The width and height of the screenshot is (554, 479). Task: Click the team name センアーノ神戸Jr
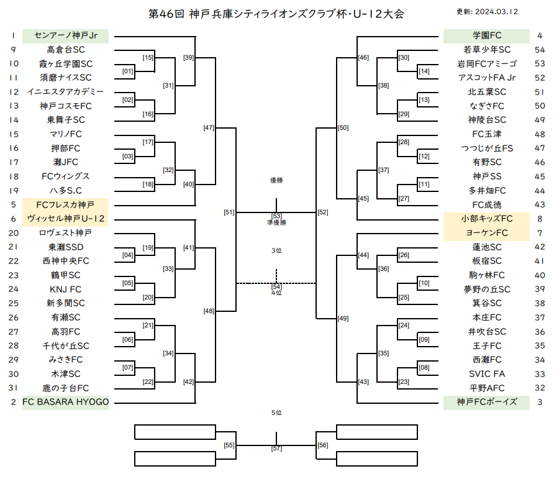click(66, 35)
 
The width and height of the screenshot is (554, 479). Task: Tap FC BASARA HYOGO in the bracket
click(66, 402)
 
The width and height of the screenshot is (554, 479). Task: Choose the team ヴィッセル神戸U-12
click(66, 219)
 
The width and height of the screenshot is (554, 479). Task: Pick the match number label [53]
click(276, 216)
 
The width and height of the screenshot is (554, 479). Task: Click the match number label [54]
click(276, 286)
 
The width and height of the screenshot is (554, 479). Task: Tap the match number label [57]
click(276, 449)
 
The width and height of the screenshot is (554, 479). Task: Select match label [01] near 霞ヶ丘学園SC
click(128, 71)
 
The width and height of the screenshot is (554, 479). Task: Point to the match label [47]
click(209, 128)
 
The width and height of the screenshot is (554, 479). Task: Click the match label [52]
click(323, 212)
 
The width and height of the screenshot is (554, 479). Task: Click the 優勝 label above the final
click(276, 180)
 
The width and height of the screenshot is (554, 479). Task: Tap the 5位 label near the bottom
click(276, 413)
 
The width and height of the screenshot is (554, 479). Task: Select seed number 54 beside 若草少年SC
click(540, 50)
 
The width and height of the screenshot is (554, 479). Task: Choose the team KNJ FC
click(66, 289)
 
